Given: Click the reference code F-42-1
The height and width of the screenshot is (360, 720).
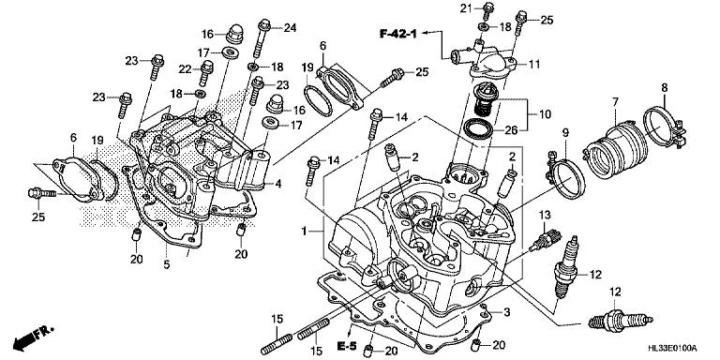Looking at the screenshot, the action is coord(398,33).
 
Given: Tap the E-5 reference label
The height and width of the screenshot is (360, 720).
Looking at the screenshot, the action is coord(347,346).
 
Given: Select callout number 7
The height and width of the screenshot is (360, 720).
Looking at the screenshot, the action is coord(615,101).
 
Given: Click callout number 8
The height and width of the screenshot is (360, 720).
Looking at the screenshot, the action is coord(665,87).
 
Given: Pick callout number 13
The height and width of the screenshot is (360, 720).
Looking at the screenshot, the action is coord(544,215).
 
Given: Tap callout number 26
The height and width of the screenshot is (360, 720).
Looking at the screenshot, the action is coord(512,130).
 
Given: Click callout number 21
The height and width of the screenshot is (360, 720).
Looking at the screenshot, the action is coord(466,7).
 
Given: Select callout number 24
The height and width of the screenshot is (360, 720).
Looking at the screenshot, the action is coord(290,28).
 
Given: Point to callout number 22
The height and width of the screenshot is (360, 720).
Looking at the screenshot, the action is coord(185,68).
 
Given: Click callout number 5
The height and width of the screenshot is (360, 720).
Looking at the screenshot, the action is coord(166,265).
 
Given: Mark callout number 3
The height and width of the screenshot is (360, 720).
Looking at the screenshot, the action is coord(506,313).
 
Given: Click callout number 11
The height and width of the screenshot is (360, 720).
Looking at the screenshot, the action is coord(534,64).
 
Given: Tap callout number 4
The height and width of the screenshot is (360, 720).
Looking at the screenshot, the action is coord(277,184).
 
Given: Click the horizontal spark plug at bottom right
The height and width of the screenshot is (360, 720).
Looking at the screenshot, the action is coord(621,321).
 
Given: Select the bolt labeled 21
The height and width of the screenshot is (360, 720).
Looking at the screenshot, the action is coord(488,11).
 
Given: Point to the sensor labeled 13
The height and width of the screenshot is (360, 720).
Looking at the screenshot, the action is coord(546,240).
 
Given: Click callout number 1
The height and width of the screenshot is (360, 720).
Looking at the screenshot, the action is coord(304,231).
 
